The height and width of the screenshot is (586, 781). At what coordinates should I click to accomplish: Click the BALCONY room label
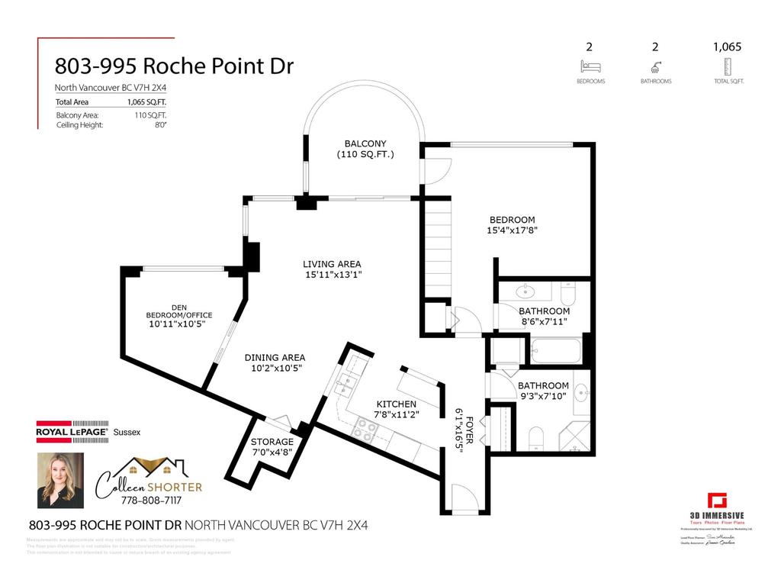(365, 143)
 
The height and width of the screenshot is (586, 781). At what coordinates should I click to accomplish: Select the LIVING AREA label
(331, 264)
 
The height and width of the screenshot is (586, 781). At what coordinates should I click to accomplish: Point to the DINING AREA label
(275, 357)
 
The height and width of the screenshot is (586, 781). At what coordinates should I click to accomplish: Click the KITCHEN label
(396, 404)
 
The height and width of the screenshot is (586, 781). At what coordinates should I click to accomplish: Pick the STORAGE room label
(272, 442)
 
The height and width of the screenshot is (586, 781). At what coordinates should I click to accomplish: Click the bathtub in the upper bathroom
(554, 350)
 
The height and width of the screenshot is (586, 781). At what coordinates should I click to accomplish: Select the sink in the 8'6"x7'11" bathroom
(526, 291)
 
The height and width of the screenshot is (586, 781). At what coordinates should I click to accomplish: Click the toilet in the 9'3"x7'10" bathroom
(535, 437)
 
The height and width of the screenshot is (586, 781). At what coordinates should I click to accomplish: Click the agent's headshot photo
(60, 481)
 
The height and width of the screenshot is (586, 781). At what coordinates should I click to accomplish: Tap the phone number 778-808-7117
(149, 500)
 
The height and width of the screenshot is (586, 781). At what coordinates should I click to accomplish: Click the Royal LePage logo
(72, 432)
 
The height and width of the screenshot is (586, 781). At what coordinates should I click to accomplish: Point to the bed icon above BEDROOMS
(589, 66)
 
